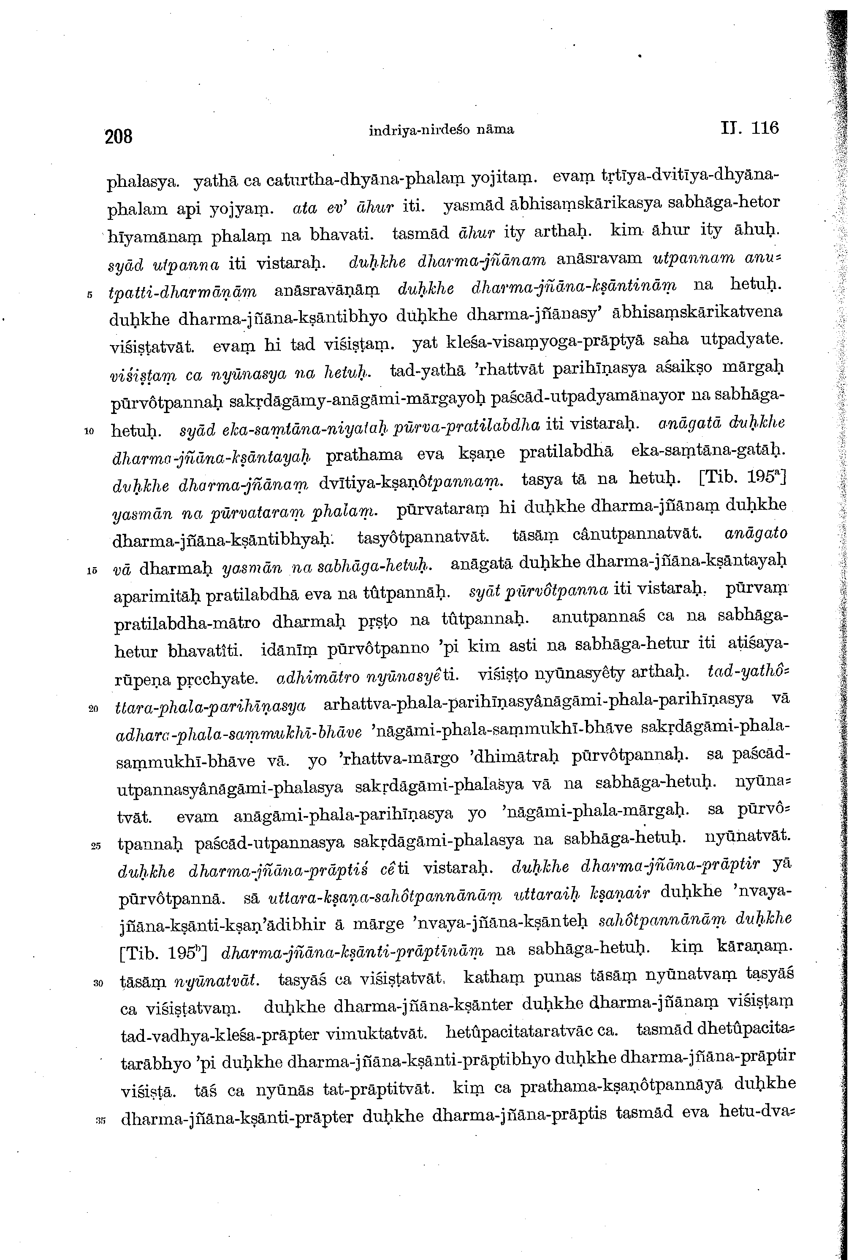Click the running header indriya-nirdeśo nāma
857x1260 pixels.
[x=441, y=130]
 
